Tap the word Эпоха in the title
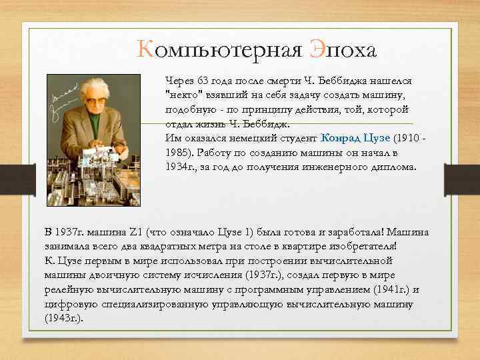[x=343, y=49]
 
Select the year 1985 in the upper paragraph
[x=178, y=153]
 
